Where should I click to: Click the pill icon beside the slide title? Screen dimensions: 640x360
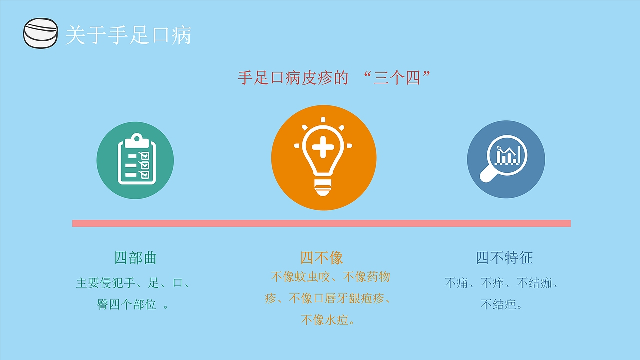click(x=41, y=33)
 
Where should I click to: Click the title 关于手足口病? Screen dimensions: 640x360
click(x=128, y=35)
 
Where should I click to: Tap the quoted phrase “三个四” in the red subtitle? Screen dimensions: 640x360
click(x=397, y=77)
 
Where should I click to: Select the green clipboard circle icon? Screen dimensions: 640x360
click(x=135, y=160)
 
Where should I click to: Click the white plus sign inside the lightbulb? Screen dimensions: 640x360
click(x=323, y=147)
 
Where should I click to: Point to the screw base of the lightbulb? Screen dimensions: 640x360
click(x=323, y=187)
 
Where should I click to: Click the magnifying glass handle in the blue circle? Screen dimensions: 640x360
click(x=489, y=174)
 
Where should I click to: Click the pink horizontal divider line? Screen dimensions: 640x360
click(x=321, y=223)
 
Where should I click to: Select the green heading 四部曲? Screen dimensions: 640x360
click(x=135, y=258)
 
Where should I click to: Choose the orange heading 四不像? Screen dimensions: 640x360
click(x=321, y=258)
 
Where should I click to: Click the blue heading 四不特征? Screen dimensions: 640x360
click(x=504, y=258)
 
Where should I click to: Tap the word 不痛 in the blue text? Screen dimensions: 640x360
click(x=456, y=283)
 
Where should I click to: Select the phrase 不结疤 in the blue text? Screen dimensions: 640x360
click(x=498, y=305)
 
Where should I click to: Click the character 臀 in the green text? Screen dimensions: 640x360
click(x=103, y=305)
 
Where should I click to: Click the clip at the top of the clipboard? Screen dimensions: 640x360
click(x=137, y=140)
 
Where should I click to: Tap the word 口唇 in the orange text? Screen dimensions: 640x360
click(x=324, y=298)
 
